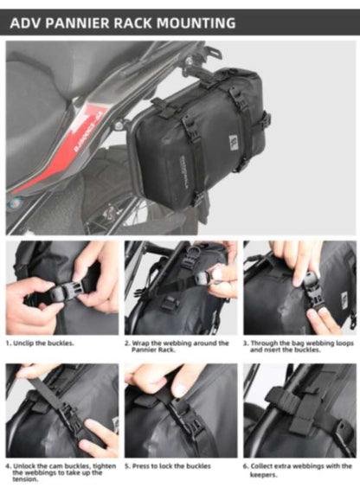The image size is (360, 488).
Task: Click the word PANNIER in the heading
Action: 79,22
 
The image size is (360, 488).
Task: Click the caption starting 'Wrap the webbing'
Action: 177,346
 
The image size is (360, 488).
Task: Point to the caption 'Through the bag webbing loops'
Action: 299,346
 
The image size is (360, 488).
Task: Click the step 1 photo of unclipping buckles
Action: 61,288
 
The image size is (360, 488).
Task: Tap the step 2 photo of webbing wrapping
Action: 180,288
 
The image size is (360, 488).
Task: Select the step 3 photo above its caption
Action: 299,288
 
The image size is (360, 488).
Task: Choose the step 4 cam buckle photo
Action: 61,410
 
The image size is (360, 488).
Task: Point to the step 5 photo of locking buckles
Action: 180,410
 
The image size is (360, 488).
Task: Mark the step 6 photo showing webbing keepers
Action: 299,410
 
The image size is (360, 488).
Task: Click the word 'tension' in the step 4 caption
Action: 25,479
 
